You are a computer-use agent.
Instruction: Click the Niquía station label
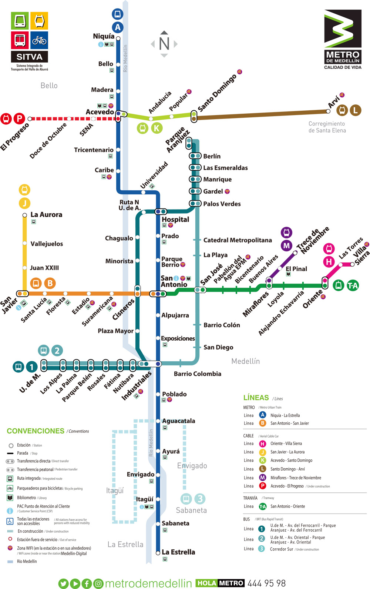pos(104,36)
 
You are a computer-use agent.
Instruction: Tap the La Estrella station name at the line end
pos(178,552)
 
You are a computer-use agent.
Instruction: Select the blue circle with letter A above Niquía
pos(118,27)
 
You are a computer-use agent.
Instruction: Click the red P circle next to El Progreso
pos(19,119)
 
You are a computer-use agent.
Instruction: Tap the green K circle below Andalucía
pos(157,128)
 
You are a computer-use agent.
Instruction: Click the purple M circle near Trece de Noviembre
pos(286,245)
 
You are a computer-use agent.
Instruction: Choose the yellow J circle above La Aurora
pos(24,203)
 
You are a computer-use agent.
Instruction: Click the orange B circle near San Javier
pos(50,284)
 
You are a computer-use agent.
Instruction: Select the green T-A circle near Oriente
pos(353,285)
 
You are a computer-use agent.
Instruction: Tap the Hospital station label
pos(175,220)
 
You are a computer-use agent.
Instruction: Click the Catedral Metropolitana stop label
pos(238,240)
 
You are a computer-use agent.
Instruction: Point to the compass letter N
pos(164,44)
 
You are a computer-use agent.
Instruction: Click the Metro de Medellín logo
pos(343,39)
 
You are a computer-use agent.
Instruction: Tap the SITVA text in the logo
pos(30,57)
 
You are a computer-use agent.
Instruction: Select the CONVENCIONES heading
pos(36,431)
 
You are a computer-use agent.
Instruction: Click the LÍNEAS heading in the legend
pos(256,398)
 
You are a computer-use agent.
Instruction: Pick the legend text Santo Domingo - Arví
pos(287,469)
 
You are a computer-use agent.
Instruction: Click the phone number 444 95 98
pos(266,583)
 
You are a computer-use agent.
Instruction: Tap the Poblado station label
pos(174,394)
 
